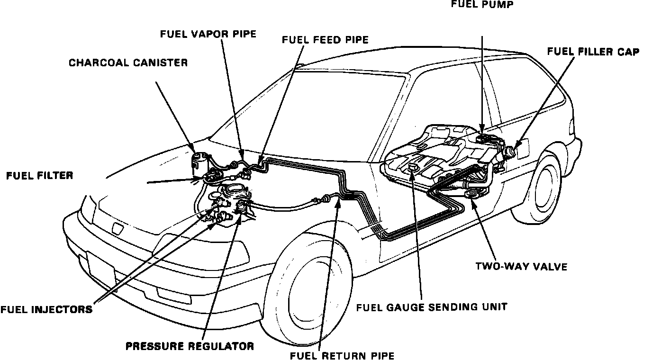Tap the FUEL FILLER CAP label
(593, 52)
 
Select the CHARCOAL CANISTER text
(128, 63)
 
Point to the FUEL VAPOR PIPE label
(208, 34)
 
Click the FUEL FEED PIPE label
(325, 40)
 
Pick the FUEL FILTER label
(40, 176)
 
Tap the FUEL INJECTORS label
(46, 310)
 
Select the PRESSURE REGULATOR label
(190, 346)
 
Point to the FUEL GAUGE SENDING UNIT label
(432, 307)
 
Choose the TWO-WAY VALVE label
(521, 267)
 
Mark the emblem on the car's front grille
(117, 229)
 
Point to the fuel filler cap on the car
(512, 153)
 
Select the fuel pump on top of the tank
(483, 137)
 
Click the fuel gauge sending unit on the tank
(412, 168)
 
